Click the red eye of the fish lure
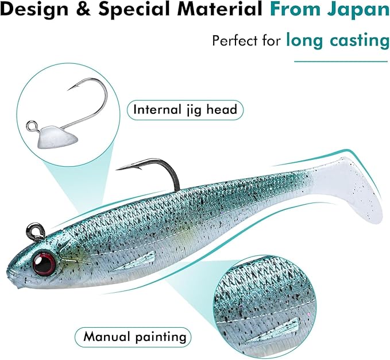(x=44, y=263)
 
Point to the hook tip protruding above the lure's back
(x=117, y=170)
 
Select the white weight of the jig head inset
(x=57, y=137)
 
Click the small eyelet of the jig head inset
(x=32, y=125)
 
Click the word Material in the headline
(x=219, y=9)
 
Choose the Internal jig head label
(x=185, y=110)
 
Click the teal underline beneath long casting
(x=341, y=61)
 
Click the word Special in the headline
(x=134, y=9)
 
